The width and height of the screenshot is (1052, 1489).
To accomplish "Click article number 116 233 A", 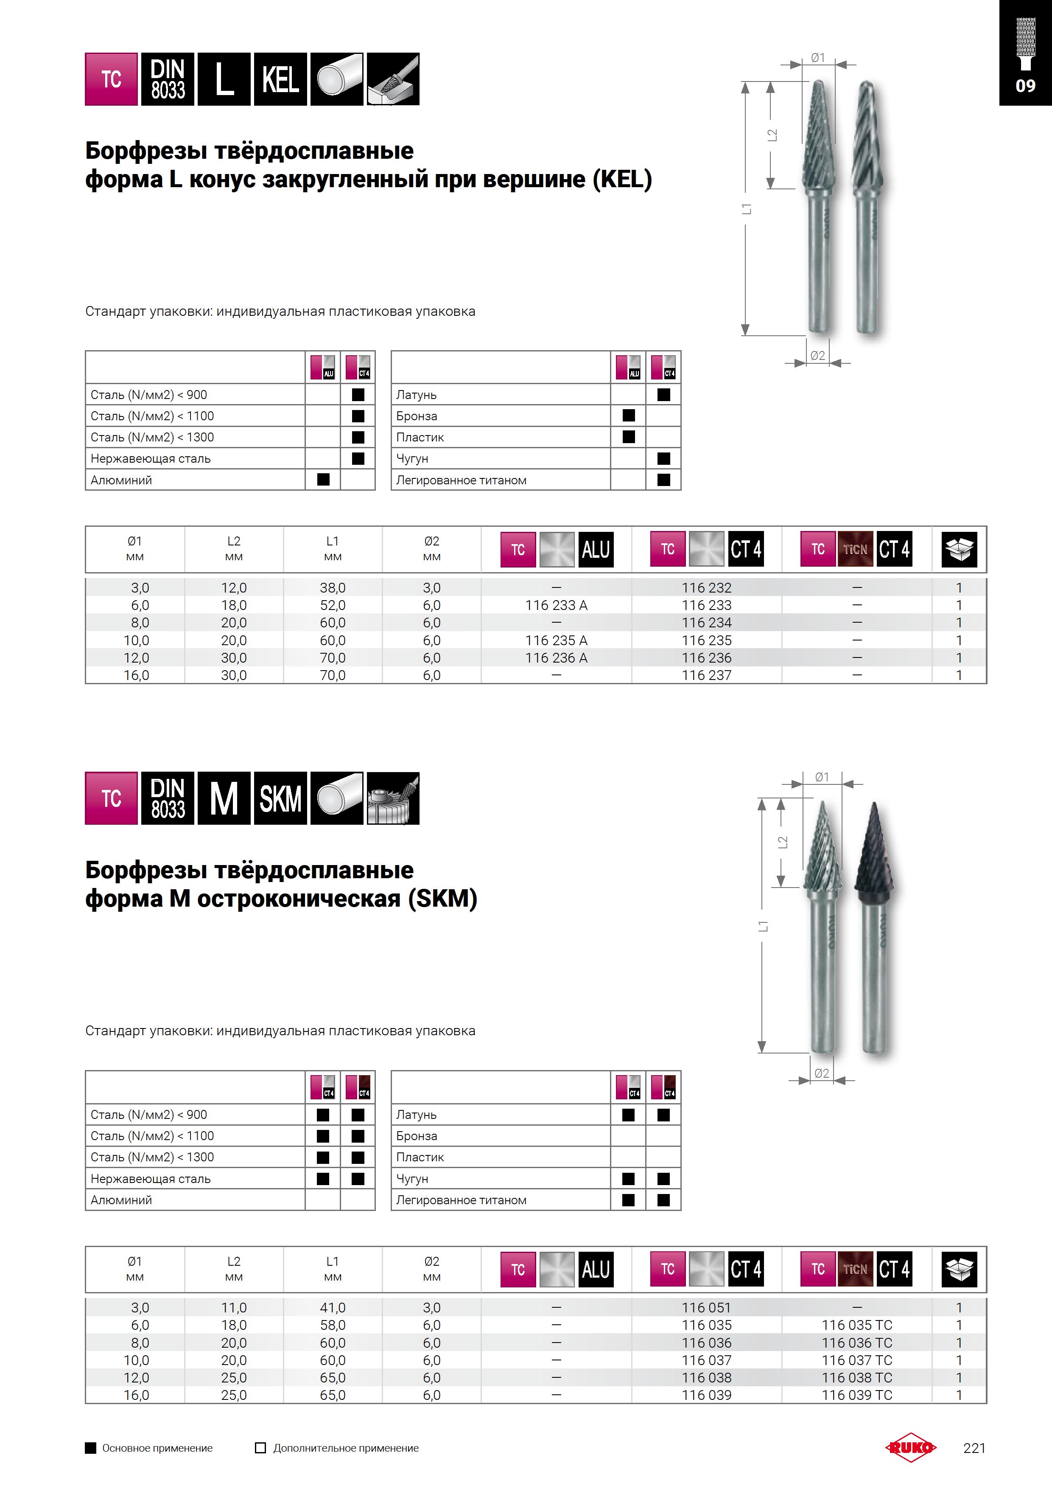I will (x=556, y=605).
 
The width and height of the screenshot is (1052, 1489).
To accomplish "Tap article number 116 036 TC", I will (x=856, y=1343).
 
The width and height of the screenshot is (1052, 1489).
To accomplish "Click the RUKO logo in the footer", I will (x=911, y=1447).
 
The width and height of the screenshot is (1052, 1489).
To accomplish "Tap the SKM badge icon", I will (x=280, y=798).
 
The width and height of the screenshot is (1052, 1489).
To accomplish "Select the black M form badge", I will (x=224, y=798).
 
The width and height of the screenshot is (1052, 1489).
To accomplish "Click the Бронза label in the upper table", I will (x=417, y=416).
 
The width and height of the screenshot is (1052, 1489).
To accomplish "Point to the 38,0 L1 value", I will (x=333, y=587).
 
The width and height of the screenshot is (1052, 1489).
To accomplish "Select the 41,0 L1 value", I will (x=333, y=1307).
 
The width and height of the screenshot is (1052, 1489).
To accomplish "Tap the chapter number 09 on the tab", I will (x=1025, y=86).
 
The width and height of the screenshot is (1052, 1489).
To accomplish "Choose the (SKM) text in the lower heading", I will (x=443, y=899).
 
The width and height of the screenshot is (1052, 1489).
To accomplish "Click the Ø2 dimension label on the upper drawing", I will (x=817, y=355).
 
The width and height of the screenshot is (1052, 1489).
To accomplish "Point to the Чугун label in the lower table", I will (x=412, y=1178).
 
